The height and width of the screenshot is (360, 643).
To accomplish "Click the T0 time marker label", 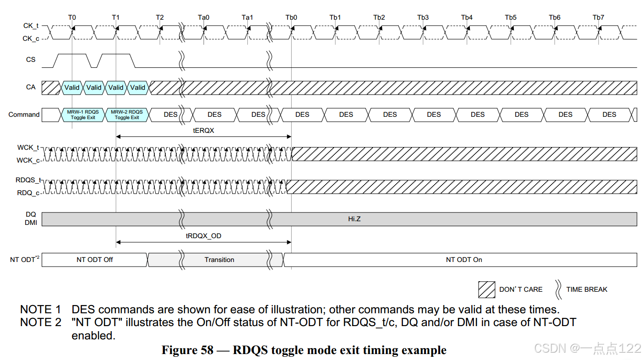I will (x=72, y=17).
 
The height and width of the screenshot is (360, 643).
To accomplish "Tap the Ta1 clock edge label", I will (x=247, y=17).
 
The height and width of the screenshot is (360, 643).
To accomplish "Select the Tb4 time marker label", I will (x=467, y=17).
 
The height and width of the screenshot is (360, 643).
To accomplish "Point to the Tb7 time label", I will (x=598, y=17).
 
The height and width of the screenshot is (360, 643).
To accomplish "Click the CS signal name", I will (x=31, y=60).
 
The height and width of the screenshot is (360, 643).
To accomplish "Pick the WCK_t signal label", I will (x=28, y=147).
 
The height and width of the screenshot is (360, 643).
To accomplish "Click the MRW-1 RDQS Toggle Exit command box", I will (x=83, y=115).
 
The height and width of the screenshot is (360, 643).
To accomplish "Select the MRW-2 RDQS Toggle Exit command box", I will (x=127, y=115).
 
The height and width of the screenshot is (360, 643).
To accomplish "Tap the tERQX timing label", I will (x=203, y=131).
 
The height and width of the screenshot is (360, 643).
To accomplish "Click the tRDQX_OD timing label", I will (x=203, y=236).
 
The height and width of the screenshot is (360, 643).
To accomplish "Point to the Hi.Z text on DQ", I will (x=354, y=219).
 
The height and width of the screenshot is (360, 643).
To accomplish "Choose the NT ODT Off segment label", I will (x=94, y=260).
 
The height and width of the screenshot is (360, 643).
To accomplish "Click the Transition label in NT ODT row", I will (x=219, y=260).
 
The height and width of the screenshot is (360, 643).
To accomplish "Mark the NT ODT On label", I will (x=464, y=260).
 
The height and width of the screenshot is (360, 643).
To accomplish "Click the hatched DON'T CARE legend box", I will (x=486, y=289).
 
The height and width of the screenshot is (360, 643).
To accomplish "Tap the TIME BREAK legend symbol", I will (x=558, y=289).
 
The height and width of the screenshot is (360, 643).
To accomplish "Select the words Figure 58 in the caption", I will (x=187, y=350).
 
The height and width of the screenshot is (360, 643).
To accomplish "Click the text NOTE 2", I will (x=40, y=322).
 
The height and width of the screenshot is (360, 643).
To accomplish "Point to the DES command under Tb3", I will (x=434, y=115).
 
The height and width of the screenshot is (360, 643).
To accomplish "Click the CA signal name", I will (x=31, y=87).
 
